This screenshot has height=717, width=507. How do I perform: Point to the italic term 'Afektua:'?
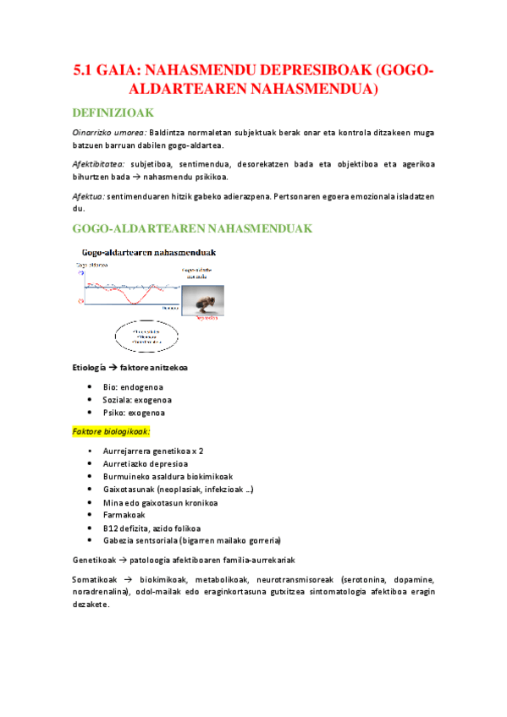pyautogui.click(x=88, y=195)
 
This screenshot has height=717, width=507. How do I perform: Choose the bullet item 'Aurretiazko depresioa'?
pyautogui.click(x=145, y=463)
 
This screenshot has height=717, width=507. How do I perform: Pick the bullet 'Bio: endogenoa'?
pyautogui.click(x=133, y=386)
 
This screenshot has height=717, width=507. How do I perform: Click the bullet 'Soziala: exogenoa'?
pyautogui.click(x=137, y=400)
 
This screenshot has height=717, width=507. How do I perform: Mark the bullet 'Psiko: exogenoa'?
pyautogui.click(x=134, y=413)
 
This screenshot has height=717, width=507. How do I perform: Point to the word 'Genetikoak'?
pyautogui.click(x=94, y=560)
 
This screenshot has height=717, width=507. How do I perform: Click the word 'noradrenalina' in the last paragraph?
pyautogui.click(x=100, y=592)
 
